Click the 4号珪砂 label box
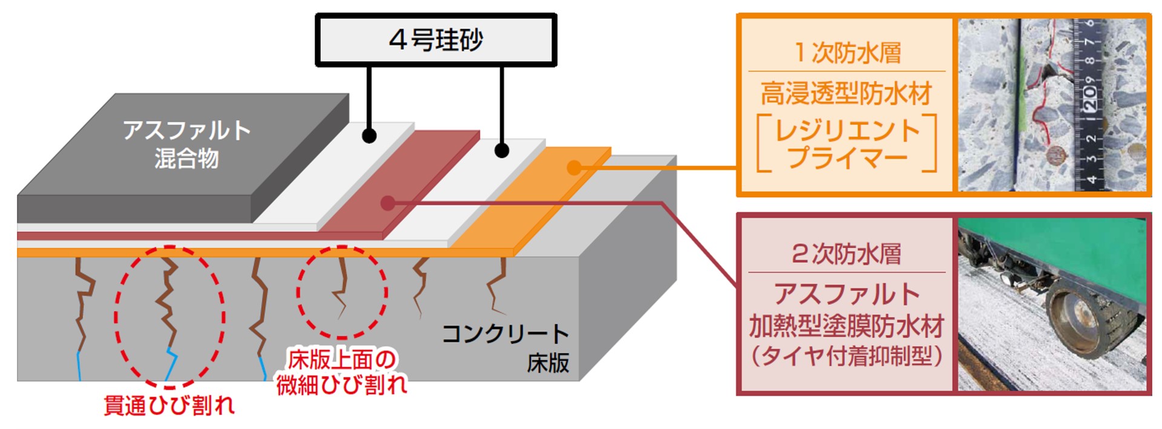[436, 40]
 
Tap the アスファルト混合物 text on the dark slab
[186, 144]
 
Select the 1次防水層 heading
[847, 53]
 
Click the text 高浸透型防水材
[847, 94]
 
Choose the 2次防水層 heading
[847, 254]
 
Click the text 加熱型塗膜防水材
[847, 327]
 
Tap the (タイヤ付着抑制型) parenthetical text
[847, 356]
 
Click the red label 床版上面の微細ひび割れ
[342, 372]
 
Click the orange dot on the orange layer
[574, 168]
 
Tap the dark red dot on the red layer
[388, 203]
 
